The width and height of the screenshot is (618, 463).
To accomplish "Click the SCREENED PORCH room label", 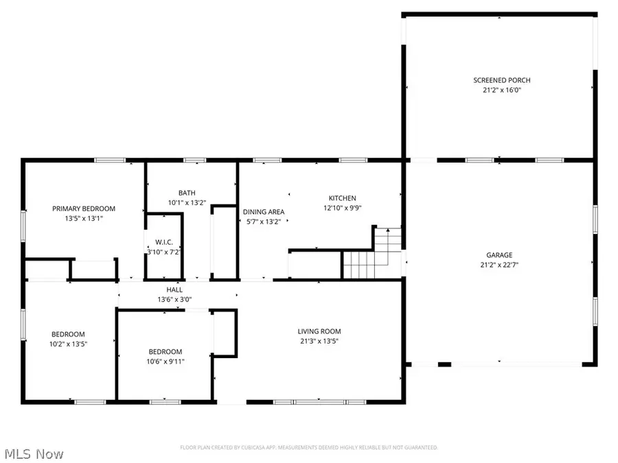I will (x=501, y=80).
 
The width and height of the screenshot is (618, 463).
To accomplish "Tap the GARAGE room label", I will (x=501, y=255).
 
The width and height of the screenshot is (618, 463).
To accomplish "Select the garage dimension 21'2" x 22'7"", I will (x=501, y=265).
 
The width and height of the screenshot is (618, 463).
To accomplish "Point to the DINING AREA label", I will (x=264, y=212).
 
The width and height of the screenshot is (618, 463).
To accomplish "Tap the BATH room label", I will (x=187, y=193).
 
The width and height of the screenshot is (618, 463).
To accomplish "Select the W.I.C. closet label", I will (x=164, y=243).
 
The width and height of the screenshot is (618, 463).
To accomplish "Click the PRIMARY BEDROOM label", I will (x=84, y=209).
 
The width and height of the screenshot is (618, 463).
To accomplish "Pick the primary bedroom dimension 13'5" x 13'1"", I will (x=84, y=218).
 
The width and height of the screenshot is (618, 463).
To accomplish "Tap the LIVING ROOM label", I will (x=319, y=331).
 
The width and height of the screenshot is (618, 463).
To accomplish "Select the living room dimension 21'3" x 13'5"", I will (x=319, y=341).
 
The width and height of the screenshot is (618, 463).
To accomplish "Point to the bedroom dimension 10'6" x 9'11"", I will (x=165, y=361).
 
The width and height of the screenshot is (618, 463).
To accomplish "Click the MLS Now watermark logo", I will (x=34, y=454).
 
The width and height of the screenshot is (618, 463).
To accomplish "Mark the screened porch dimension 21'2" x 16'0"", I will (x=501, y=90).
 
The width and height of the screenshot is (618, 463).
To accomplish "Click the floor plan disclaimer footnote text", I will (x=309, y=447).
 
